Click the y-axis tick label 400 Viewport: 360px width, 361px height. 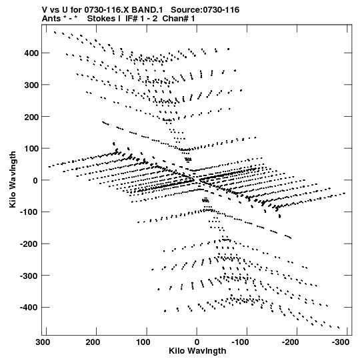(x=31, y=53)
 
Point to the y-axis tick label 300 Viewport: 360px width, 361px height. (x=31, y=85)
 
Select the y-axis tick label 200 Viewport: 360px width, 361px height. (x=31, y=117)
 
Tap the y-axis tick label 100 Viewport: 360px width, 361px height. (x=31, y=149)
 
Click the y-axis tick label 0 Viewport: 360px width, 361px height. (x=35, y=180)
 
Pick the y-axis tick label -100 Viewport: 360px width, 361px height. (x=29, y=212)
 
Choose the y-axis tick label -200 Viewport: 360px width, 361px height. (x=29, y=244)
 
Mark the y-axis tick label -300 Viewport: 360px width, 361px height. (x=29, y=276)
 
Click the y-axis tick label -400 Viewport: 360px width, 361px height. (x=29, y=308)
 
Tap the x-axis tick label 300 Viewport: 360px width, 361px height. (x=43, y=342)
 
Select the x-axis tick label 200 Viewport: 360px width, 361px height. (x=93, y=342)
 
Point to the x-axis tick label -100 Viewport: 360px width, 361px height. (x=241, y=342)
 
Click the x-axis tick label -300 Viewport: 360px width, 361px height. (x=340, y=342)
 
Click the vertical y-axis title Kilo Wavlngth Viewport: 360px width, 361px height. (x=13, y=179)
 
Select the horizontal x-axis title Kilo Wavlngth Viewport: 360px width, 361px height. (x=197, y=351)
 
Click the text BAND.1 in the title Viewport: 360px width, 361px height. (x=147, y=10)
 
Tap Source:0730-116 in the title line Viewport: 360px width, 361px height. (x=205, y=10)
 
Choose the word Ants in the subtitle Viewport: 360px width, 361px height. (x=51, y=19)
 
